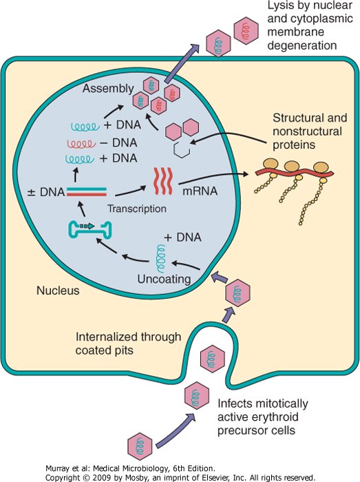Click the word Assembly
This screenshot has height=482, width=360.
point(108,89)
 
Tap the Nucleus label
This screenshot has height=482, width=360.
point(58,291)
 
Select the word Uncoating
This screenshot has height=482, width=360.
point(164,280)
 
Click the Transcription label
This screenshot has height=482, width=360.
point(137,209)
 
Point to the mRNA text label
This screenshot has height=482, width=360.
point(200,191)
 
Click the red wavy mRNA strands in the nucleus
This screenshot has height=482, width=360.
point(163,181)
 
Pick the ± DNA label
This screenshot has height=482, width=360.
point(46,192)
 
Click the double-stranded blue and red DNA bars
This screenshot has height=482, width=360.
point(87,192)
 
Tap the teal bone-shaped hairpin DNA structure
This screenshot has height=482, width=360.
point(89,230)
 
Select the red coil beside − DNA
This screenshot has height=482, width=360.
point(80,143)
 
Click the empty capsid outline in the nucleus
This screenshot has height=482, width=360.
point(182,149)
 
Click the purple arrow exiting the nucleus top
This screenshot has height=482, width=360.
point(182,63)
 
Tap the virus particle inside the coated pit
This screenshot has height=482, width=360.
point(212,359)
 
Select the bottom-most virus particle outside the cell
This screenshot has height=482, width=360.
point(140,446)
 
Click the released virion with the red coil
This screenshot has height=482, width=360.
point(246,31)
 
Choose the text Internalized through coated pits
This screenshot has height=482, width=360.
point(129,344)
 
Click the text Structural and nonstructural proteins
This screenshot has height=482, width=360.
point(310,132)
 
